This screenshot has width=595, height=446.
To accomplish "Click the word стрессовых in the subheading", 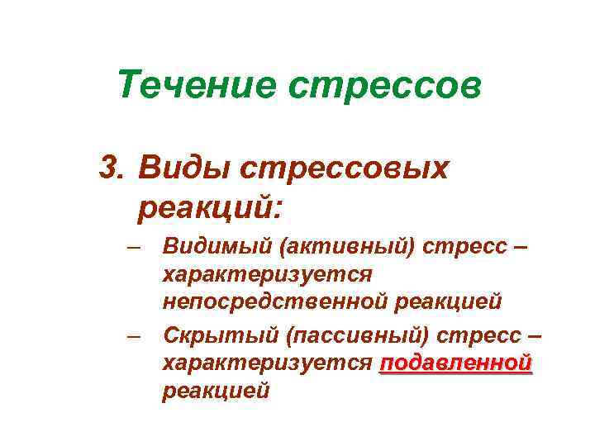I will point(345,167).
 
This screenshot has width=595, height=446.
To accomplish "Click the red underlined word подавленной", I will point(455,363).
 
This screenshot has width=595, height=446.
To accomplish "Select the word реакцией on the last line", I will point(216,391).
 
